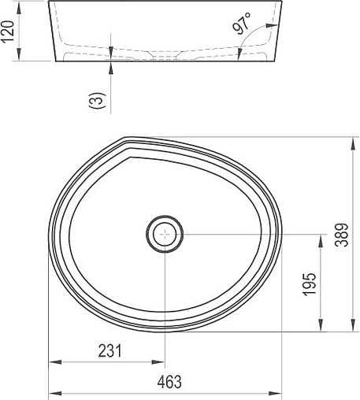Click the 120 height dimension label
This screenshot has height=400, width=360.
pos(9,34)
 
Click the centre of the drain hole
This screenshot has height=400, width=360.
pos(164,234)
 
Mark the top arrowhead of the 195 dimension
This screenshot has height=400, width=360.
pos(321,239)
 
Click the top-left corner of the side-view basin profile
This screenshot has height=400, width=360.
pos(50,3)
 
